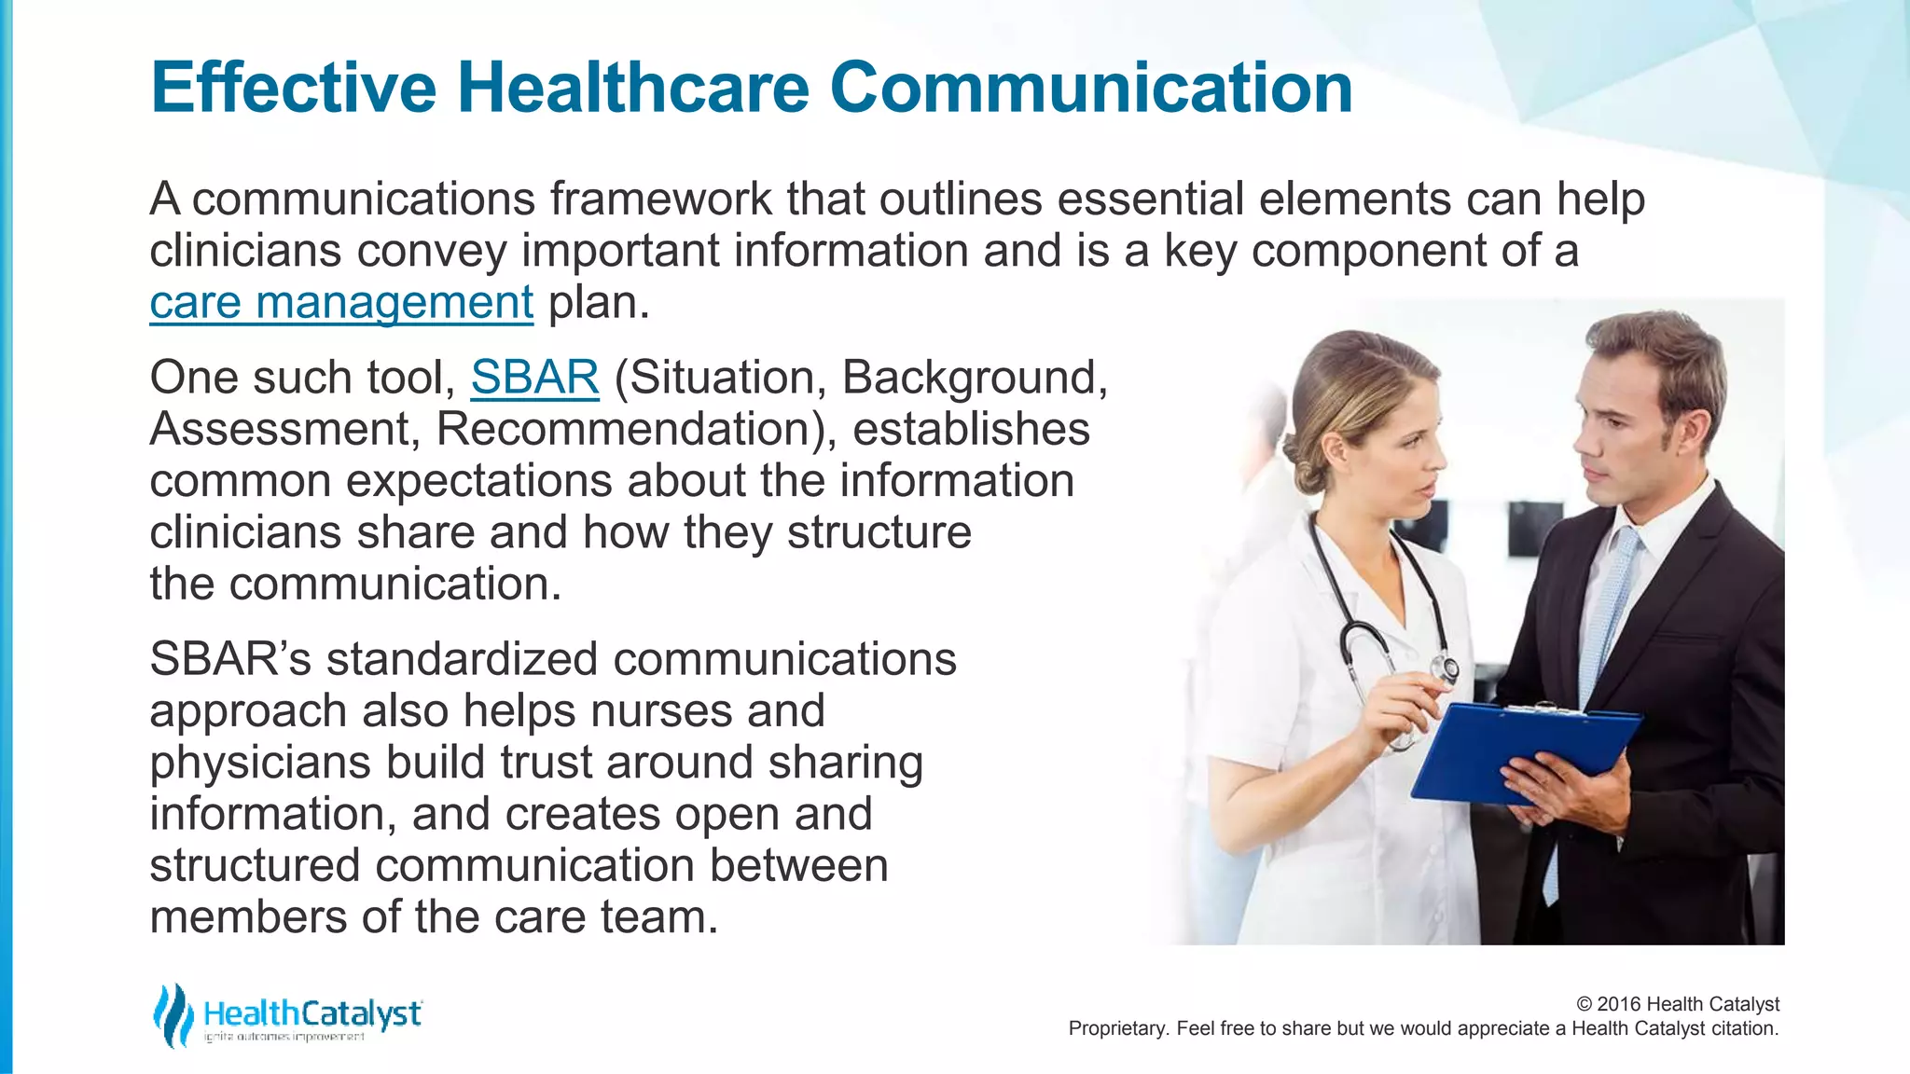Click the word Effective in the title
click(x=293, y=88)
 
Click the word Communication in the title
click(x=1090, y=88)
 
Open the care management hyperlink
click(x=341, y=303)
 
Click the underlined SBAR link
click(x=534, y=378)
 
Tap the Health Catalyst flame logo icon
click(x=173, y=1015)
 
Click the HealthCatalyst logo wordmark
click(x=311, y=1013)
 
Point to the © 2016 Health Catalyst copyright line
click(x=1677, y=1004)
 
